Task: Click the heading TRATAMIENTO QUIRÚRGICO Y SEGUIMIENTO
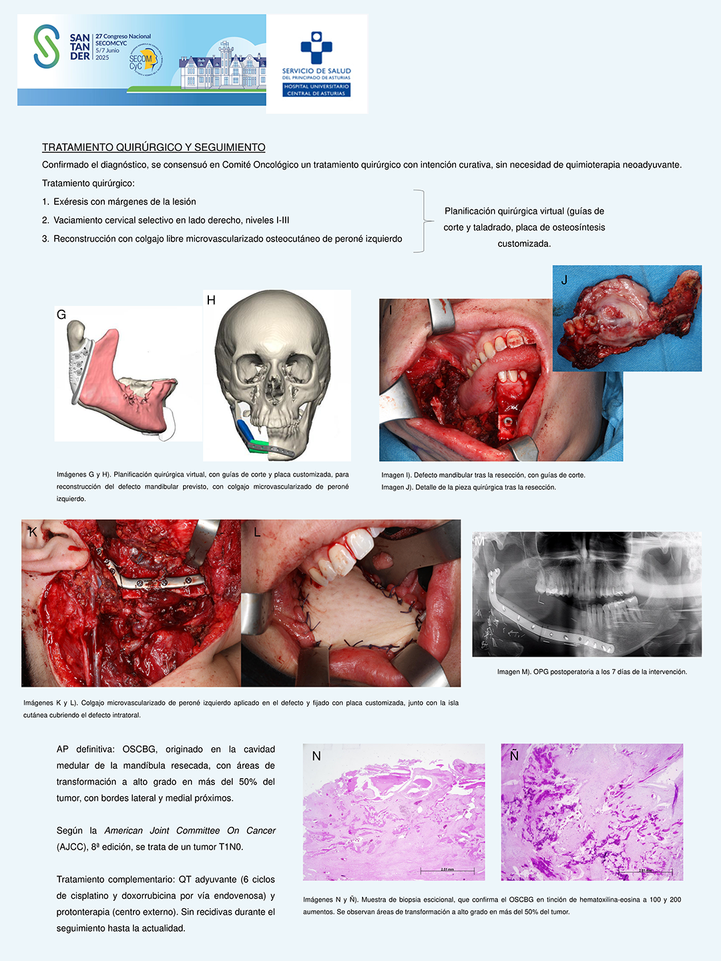pyautogui.click(x=154, y=147)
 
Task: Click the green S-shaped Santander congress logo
pyautogui.click(x=46, y=46)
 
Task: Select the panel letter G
pyautogui.click(x=61, y=315)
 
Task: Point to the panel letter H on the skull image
pyautogui.click(x=211, y=300)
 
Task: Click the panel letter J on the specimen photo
pyautogui.click(x=564, y=280)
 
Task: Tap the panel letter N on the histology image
pyautogui.click(x=316, y=756)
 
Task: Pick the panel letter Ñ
pyautogui.click(x=514, y=755)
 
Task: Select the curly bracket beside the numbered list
pyautogui.click(x=421, y=221)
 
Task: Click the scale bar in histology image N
pyautogui.click(x=447, y=870)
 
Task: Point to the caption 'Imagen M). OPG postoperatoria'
pyautogui.click(x=591, y=672)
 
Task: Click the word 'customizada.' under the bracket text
pyautogui.click(x=524, y=244)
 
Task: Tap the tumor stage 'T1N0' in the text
pyautogui.click(x=231, y=847)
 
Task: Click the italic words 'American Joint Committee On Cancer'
pyautogui.click(x=190, y=831)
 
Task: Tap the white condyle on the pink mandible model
pyautogui.click(x=77, y=330)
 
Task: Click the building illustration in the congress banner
pyautogui.click(x=220, y=67)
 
